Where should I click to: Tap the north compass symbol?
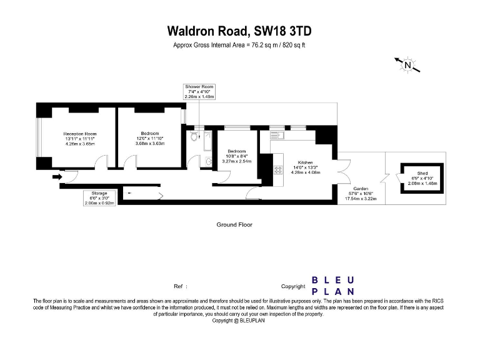407,64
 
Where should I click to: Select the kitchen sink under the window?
277,134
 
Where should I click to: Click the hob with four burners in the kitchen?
278,168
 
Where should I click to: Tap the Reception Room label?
79,134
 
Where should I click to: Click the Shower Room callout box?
199,92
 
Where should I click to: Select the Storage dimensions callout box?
99,198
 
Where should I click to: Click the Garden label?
360,188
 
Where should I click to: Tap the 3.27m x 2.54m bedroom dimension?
236,161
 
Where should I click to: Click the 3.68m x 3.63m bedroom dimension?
149,143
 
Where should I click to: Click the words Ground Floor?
234,224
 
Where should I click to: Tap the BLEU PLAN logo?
333,286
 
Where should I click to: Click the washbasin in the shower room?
209,162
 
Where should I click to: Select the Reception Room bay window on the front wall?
39,137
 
